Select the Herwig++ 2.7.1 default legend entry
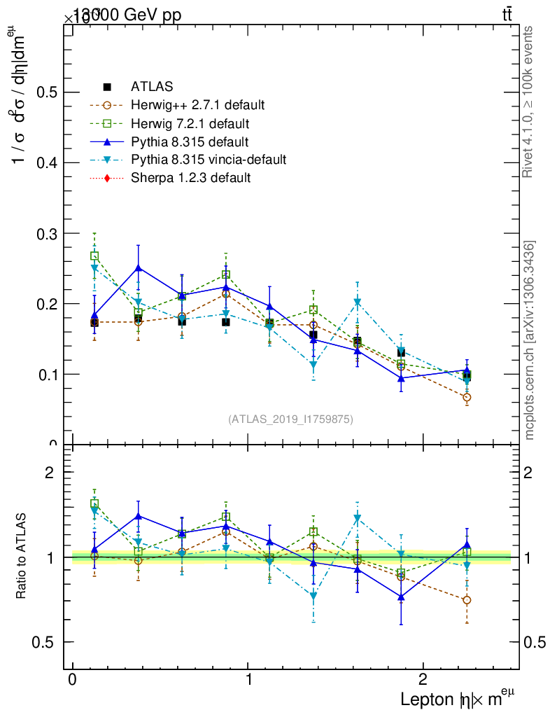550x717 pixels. tap(197, 106)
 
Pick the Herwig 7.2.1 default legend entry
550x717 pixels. tap(190, 124)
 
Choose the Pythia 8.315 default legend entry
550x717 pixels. tap(190, 142)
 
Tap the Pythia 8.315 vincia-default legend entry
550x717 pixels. tap(209, 160)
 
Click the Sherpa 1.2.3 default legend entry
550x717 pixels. tap(190, 178)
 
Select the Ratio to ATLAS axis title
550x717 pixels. tap(22, 557)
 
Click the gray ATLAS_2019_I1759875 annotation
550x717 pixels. tap(290, 419)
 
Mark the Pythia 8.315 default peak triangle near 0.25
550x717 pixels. tap(139, 267)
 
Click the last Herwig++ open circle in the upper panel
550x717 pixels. tap(467, 397)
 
